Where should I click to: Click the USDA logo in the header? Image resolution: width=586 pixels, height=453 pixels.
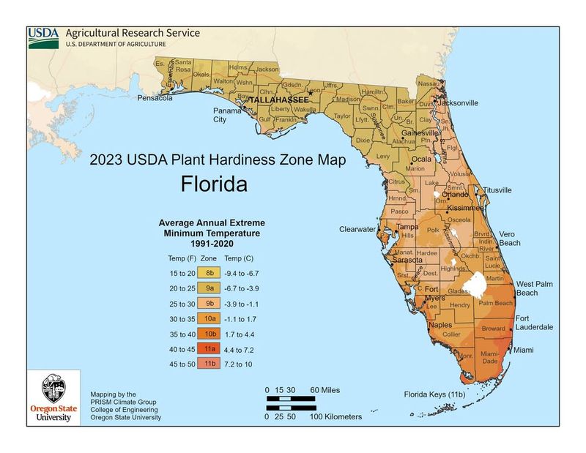(x=44, y=37)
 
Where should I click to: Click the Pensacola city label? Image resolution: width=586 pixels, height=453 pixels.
(x=155, y=97)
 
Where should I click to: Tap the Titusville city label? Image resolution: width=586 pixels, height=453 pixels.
(x=497, y=190)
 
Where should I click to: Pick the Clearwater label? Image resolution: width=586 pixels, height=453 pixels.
(x=357, y=229)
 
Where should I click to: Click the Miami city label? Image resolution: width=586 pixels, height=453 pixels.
(x=523, y=351)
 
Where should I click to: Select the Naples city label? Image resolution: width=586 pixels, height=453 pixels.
(x=440, y=325)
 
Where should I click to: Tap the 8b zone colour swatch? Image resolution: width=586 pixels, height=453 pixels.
(x=209, y=273)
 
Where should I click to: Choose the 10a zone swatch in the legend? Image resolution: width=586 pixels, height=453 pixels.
(x=209, y=319)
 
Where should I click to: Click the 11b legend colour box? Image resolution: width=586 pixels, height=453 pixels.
(x=209, y=365)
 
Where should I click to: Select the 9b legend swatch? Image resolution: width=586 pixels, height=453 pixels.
(x=209, y=304)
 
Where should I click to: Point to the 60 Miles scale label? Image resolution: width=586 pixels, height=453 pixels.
(x=324, y=390)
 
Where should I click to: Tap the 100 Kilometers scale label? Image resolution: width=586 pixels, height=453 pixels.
(x=335, y=416)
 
